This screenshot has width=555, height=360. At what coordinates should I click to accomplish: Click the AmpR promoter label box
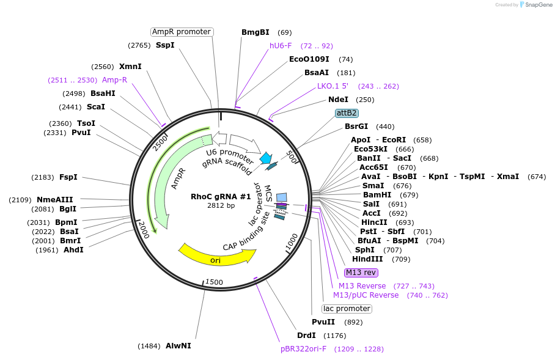pos(182,32)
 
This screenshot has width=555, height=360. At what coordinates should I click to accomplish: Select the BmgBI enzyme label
pos(255,32)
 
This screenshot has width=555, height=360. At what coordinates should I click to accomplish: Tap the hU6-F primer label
pos(281,46)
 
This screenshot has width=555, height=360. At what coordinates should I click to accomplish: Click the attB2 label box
pos(347,113)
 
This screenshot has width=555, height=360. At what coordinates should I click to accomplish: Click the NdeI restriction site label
pos(338,100)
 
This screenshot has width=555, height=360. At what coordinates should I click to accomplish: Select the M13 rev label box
pos(362,273)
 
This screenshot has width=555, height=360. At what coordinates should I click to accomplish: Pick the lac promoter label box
pos(347,309)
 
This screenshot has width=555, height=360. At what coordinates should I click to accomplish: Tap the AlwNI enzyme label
pos(178,346)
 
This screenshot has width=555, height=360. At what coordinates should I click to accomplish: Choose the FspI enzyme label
pos(68,177)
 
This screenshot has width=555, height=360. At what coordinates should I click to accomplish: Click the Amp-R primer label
pos(114,80)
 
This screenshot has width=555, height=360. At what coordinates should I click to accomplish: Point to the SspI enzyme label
pos(165,45)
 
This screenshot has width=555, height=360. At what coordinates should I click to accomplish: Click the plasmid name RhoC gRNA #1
pos(221,197)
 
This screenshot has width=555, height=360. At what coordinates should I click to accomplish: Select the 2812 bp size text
pos(221,206)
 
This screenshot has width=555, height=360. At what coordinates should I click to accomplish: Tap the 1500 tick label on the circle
pos(214,282)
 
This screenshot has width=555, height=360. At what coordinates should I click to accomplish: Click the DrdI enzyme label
pos(306,336)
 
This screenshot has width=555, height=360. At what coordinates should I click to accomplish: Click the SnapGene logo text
pos(536,5)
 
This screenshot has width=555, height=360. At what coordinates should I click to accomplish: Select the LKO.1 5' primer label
pos(333,86)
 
